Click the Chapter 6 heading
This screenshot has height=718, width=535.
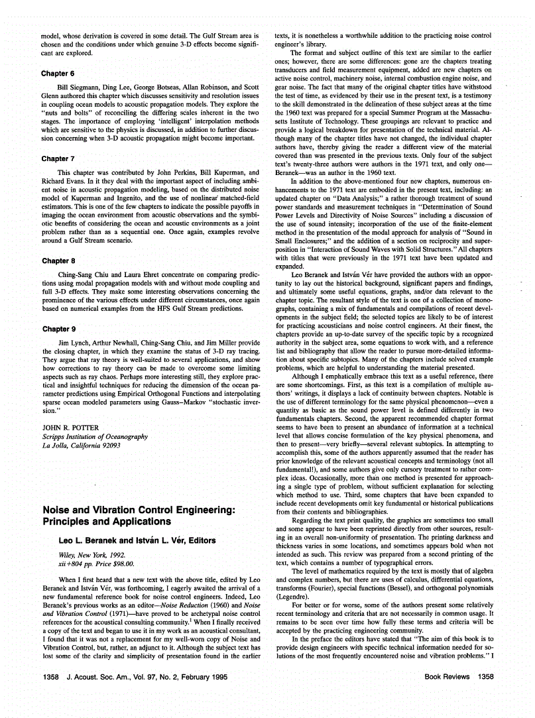58,74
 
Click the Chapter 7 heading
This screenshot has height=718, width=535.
58,159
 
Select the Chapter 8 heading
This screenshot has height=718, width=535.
58,261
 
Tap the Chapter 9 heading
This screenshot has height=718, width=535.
58,329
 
